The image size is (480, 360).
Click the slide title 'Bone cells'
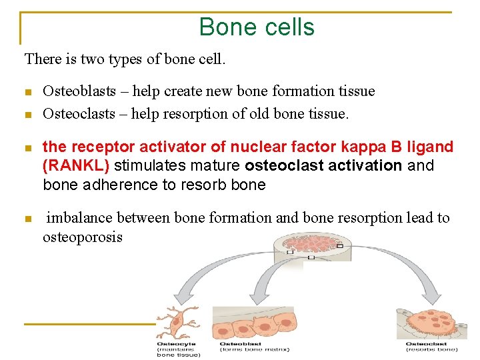pos(257,27)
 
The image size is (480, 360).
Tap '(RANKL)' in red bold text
pos(76,165)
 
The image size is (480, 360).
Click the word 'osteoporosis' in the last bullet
pos(83,237)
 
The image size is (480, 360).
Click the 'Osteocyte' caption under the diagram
pos(176,344)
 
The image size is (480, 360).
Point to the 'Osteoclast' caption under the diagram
pos(427,344)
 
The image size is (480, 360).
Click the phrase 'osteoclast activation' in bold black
pos(313,165)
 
